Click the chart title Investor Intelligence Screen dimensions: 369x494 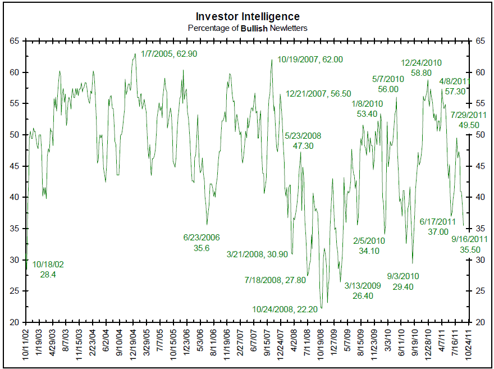[248, 16]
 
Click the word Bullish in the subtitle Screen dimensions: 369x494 [256, 28]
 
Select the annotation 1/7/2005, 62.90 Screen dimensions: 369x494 [170, 54]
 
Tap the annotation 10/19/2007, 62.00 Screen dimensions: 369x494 [310, 59]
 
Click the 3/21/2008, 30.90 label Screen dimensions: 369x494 [257, 254]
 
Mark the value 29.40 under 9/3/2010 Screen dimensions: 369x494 [404, 286]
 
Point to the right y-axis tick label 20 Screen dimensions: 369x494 [480, 322]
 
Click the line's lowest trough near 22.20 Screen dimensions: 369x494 [321, 308]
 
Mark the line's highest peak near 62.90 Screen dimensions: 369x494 [135, 54]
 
